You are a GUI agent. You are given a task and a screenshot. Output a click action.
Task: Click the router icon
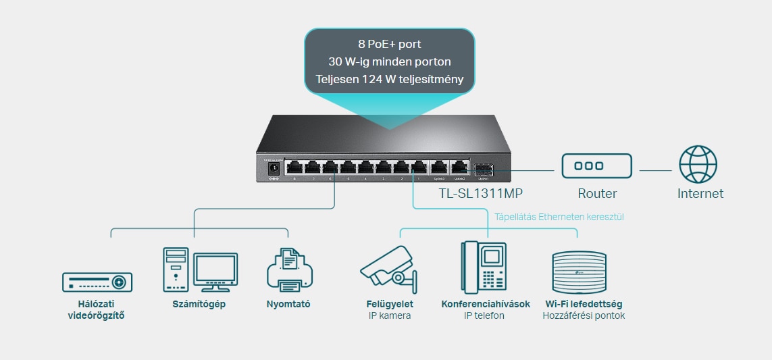597,166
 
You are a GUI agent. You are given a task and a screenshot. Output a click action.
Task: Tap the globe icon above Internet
698,165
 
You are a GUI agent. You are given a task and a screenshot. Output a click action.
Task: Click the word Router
597,194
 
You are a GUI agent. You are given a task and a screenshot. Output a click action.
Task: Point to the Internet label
700,194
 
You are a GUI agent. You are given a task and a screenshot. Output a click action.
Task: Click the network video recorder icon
97,282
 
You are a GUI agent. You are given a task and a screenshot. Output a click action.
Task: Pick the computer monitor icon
215,272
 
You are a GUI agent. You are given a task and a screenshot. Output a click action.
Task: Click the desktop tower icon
176,269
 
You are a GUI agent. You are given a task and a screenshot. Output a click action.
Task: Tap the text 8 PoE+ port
389,44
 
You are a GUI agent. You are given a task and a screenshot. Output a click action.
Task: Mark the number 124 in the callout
382,80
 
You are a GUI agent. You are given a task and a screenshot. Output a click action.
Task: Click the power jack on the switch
274,168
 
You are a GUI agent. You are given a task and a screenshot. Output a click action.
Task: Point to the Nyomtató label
288,304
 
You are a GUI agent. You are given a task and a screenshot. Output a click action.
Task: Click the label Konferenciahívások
485,304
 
